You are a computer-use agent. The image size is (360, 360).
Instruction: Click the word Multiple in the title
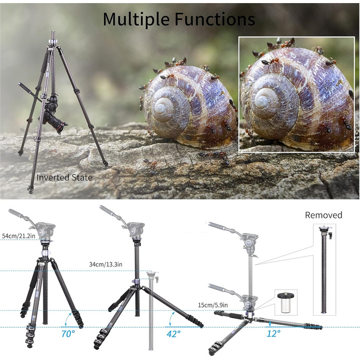coord(137,19)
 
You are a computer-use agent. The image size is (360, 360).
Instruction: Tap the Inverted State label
coord(64,177)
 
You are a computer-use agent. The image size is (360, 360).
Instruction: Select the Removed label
coord(323,215)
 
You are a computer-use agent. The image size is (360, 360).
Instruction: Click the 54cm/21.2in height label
coord(19,236)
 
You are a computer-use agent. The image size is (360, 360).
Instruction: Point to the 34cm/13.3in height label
coord(105,264)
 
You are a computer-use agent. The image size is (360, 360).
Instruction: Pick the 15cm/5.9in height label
coord(213,305)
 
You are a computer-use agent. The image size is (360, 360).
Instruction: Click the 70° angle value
coord(68,334)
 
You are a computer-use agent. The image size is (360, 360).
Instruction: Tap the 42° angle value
coord(173,334)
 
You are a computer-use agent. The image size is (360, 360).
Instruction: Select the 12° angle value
coord(274,333)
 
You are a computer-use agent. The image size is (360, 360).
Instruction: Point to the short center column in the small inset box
coord(285,302)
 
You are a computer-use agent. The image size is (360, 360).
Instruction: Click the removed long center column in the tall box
coord(325,269)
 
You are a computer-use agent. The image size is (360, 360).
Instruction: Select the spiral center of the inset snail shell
coord(262,100)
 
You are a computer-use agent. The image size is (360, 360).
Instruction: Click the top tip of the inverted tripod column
coord(53,32)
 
